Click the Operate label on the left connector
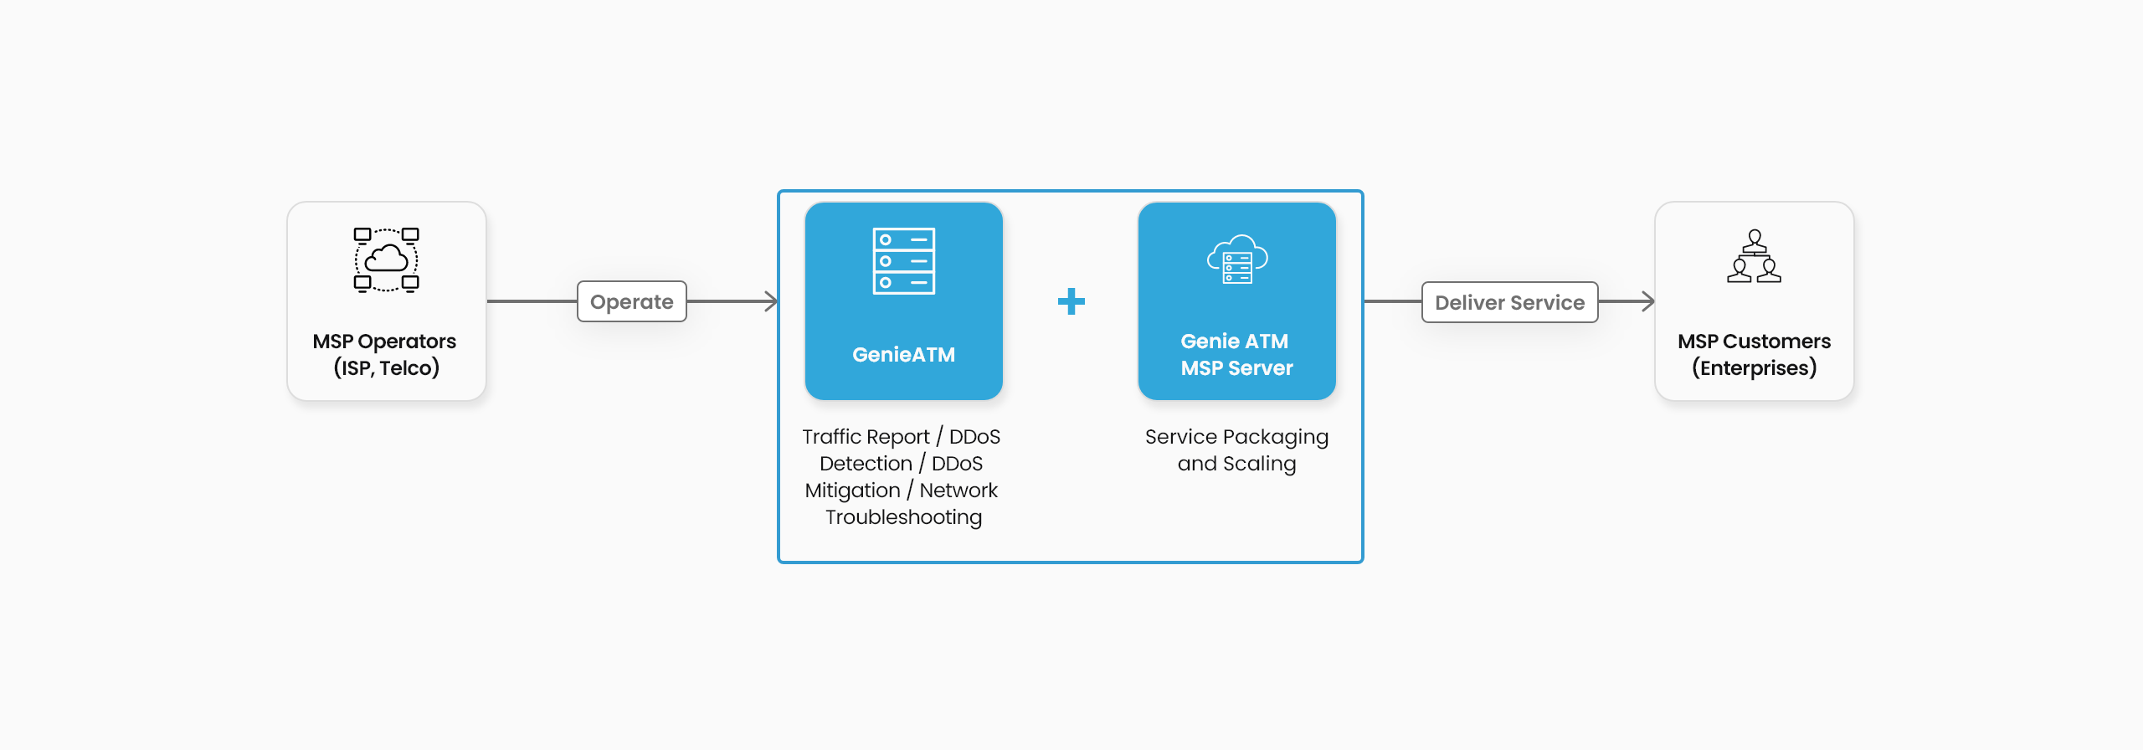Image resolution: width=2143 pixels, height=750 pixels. [x=632, y=301]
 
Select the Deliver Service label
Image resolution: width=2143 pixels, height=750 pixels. [x=1509, y=302]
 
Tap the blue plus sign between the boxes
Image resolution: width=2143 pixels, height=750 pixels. [x=1071, y=301]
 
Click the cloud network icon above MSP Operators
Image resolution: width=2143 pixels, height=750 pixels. [x=386, y=259]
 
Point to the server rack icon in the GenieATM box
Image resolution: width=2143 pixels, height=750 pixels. [x=904, y=261]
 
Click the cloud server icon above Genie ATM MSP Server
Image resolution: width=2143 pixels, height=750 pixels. [x=1237, y=259]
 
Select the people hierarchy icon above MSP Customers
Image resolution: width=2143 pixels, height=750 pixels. [x=1754, y=256]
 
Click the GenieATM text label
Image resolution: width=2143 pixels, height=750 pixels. [x=904, y=355]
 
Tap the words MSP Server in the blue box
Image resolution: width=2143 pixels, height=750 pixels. [x=1237, y=368]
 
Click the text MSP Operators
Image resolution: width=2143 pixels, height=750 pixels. [x=384, y=342]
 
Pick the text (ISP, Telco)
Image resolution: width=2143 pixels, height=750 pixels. [x=387, y=368]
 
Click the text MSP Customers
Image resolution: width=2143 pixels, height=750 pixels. [x=1754, y=342]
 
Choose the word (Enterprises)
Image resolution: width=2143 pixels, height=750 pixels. [x=1754, y=368]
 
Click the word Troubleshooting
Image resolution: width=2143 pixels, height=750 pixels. [x=904, y=517]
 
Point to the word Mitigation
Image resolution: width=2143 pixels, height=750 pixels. [x=852, y=491]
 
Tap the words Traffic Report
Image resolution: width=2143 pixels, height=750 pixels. [x=866, y=437]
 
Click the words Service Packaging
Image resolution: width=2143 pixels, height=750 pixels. [x=1237, y=437]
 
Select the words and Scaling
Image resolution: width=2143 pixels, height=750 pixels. [x=1237, y=464]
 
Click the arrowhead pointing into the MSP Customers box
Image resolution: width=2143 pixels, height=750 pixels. [x=1649, y=301]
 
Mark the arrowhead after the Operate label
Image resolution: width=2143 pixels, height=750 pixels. [x=772, y=301]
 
